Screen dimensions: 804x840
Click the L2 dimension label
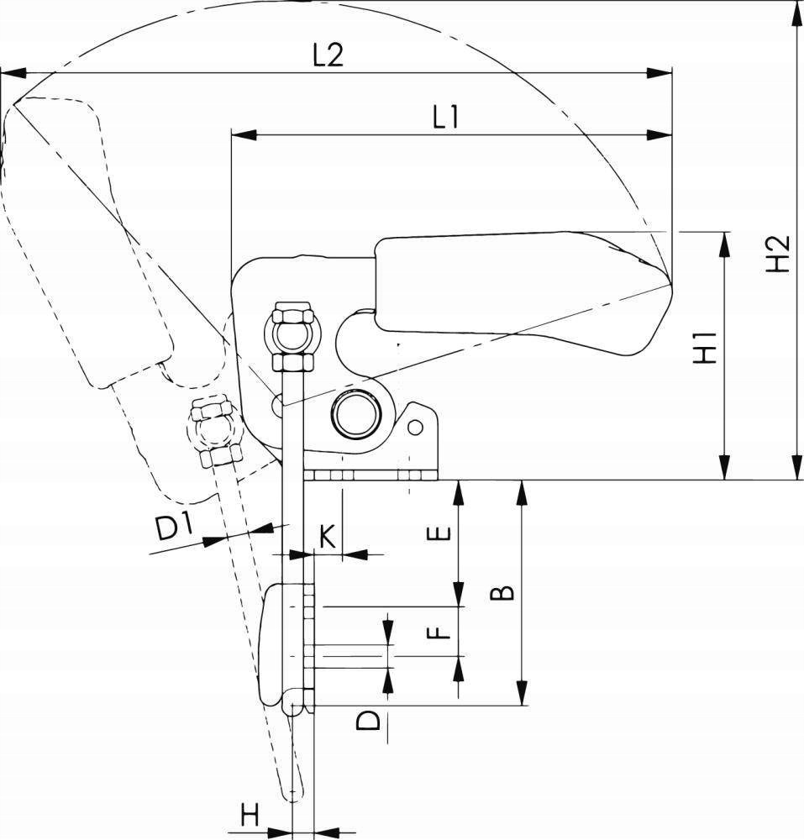(328, 56)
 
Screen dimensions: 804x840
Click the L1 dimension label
(445, 118)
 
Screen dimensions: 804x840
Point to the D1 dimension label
(175, 528)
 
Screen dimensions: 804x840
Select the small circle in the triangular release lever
(414, 428)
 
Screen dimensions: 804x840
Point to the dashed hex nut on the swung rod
(213, 432)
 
